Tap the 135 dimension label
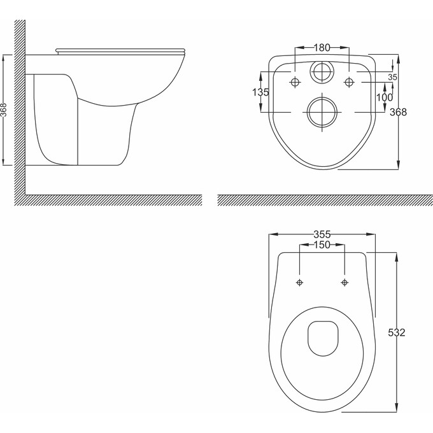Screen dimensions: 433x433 (x=260, y=92)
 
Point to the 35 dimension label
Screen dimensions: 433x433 (x=392, y=76)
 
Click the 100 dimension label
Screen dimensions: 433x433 (x=384, y=97)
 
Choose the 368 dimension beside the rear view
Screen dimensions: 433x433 (x=399, y=112)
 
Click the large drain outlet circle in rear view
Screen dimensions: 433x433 (x=322, y=113)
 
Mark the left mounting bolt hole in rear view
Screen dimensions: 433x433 (x=295, y=82)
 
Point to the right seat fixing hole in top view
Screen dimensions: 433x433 (x=344, y=281)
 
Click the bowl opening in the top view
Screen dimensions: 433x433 (x=322, y=337)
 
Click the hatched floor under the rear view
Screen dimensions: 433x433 (x=322, y=200)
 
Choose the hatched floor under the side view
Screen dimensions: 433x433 (x=108, y=200)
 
